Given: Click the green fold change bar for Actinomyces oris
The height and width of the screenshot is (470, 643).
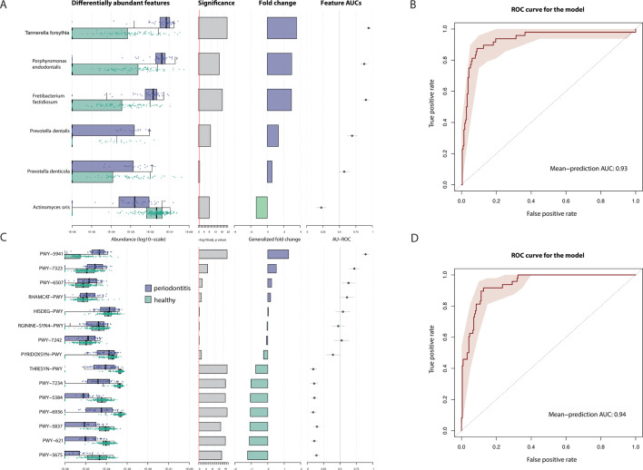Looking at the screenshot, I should point(262,207).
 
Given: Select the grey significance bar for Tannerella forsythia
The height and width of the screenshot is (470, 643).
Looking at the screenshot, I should point(212,28).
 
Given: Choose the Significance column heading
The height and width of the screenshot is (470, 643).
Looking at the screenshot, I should point(217,5).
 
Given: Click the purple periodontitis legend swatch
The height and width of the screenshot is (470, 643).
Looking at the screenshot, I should point(150,287).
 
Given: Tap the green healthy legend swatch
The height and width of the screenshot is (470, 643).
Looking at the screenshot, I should point(150,299).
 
